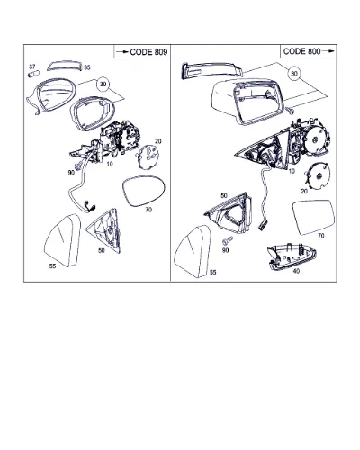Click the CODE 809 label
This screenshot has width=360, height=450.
[148, 52]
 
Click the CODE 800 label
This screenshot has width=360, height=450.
[301, 51]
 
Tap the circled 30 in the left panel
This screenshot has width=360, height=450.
[103, 85]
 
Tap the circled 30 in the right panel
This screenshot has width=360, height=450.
[294, 74]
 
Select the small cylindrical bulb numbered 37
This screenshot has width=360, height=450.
[34, 74]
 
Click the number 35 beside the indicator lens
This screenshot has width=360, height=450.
[86, 67]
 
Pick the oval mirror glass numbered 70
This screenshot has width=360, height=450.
[144, 191]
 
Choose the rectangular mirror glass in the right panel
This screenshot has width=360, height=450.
[313, 217]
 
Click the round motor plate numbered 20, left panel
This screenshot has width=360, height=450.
[148, 156]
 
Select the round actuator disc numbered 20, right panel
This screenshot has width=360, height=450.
[318, 176]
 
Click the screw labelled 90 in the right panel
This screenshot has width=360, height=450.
[228, 240]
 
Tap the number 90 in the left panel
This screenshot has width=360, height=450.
[71, 173]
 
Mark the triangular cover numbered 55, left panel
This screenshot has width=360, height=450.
[63, 240]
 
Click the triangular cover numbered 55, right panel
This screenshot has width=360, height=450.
[193, 251]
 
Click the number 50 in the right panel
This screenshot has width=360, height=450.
[224, 196]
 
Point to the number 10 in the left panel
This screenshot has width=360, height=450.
[110, 164]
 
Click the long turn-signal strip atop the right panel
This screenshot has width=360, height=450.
[211, 70]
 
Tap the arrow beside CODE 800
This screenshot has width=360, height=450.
[328, 51]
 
